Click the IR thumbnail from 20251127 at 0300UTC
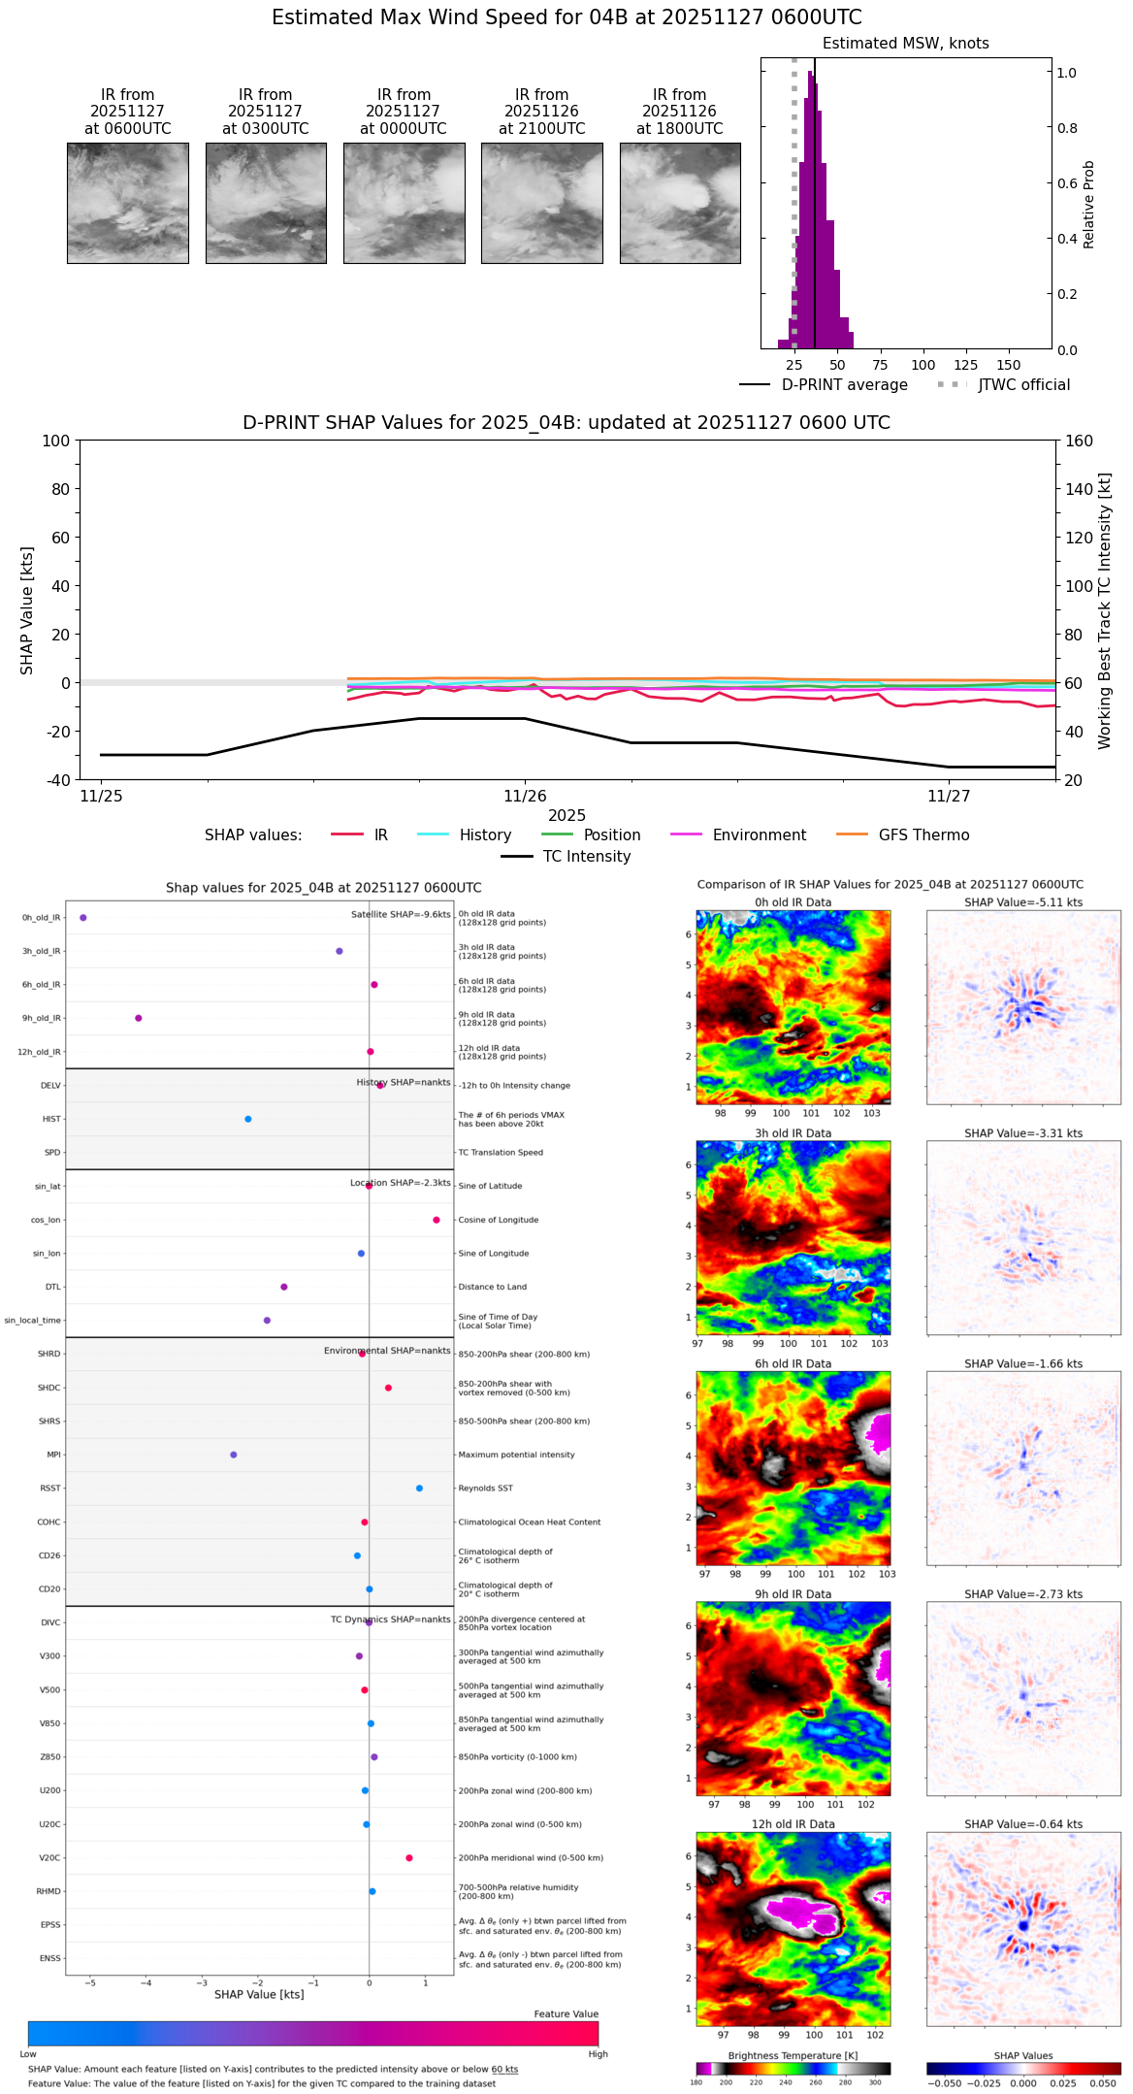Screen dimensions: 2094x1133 (x=266, y=203)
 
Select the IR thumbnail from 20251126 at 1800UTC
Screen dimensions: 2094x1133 (x=680, y=203)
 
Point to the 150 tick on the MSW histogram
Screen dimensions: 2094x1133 (x=1009, y=365)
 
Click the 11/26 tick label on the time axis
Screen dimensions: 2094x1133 (x=525, y=797)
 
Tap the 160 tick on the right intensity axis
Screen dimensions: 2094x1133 (x=1080, y=441)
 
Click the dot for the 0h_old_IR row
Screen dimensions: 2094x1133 (x=83, y=918)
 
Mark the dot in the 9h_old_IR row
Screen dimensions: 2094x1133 (x=139, y=1018)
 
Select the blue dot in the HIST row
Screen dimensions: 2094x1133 (x=248, y=1119)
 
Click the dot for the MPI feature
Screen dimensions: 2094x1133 (x=234, y=1455)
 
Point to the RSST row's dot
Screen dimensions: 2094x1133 (x=419, y=1489)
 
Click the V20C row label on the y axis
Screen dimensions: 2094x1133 (x=49, y=1858)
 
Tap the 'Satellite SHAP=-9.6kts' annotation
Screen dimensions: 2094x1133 (x=401, y=914)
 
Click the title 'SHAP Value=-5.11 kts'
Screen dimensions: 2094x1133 (x=1023, y=902)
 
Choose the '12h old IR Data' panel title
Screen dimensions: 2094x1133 (x=793, y=1824)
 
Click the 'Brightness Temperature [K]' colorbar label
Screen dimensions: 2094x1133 (x=793, y=2055)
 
